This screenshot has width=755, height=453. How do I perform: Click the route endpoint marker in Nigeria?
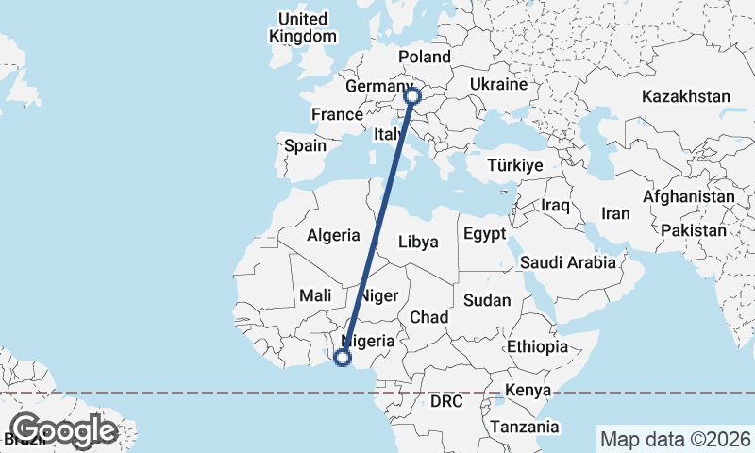[343, 357]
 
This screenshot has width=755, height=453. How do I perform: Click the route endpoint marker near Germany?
[411, 95]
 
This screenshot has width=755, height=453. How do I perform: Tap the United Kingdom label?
[302, 27]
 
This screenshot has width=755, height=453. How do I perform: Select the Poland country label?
[425, 57]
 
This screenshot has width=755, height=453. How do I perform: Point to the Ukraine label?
[497, 85]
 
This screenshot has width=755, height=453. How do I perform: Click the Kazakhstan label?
[685, 96]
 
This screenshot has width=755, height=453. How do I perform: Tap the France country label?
[337, 115]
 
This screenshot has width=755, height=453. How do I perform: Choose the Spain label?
[305, 146]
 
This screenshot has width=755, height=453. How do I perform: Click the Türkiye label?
[514, 165]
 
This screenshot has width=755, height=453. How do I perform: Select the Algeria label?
[333, 235]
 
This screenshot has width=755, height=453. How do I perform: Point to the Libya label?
[418, 242]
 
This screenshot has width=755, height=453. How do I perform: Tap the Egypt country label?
[485, 234]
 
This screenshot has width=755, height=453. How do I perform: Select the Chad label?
[428, 316]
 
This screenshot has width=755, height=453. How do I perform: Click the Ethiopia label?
[537, 346]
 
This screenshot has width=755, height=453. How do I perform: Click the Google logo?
[63, 430]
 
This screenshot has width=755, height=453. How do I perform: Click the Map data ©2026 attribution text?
[675, 439]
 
